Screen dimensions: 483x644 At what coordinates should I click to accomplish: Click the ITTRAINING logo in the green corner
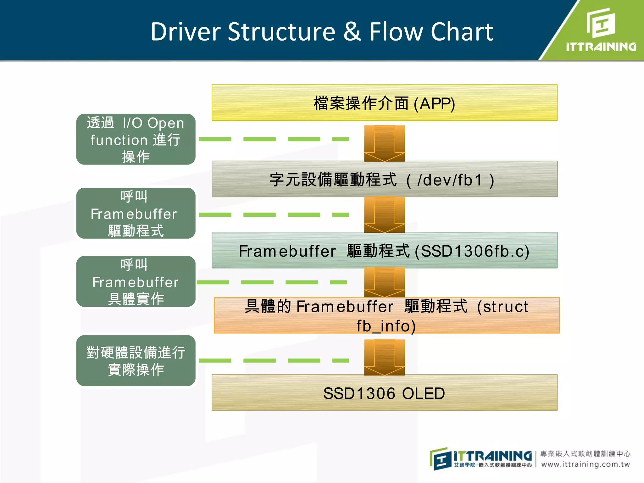[601, 31]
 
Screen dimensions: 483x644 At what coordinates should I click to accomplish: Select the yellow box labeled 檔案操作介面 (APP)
[384, 103]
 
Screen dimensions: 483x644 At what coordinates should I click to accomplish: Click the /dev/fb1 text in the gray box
[450, 180]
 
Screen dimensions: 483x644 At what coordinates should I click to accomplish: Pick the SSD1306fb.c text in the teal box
[472, 251]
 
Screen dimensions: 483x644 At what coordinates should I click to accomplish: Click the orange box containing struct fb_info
[386, 315]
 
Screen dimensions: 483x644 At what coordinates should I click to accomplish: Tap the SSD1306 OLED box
[384, 393]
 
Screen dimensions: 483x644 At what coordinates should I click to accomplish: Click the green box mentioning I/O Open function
[136, 139]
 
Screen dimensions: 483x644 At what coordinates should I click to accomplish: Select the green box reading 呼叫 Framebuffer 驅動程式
[136, 214]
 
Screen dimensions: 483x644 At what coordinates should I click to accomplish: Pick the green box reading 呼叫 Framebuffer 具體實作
[136, 282]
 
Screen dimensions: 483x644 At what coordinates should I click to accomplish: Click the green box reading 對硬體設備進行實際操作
[136, 361]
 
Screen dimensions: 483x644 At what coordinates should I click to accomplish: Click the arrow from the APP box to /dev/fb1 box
[384, 143]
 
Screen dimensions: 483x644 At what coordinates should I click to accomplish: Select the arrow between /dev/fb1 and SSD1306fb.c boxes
[384, 215]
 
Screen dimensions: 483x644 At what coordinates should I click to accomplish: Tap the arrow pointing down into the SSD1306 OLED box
[384, 358]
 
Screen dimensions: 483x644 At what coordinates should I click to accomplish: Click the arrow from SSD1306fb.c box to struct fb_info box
[384, 282]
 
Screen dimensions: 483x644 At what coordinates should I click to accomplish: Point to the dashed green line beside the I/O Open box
[274, 139]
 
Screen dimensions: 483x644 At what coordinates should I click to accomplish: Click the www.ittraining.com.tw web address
[585, 464]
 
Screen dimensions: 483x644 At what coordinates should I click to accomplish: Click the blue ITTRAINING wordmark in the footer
[492, 456]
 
